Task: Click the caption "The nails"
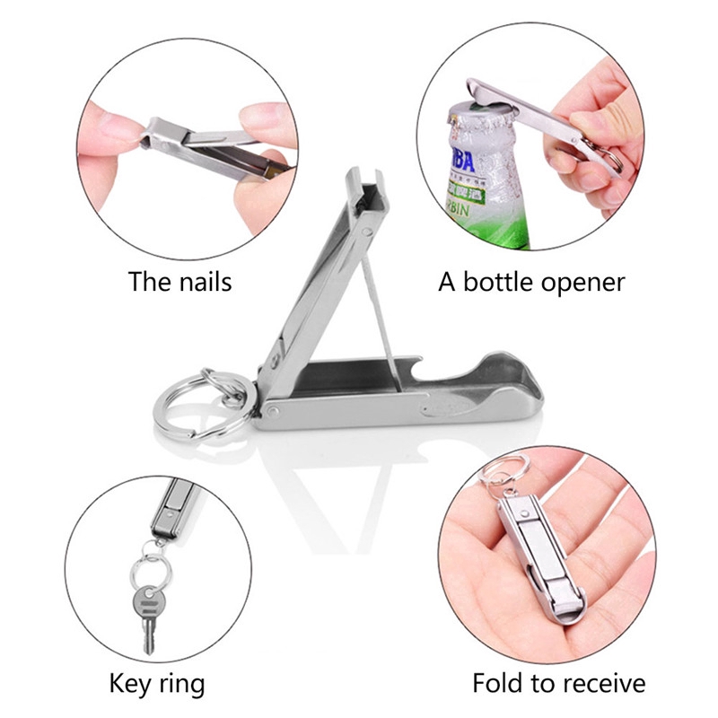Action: point(179,282)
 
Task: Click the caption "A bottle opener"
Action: point(531,282)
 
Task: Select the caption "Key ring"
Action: point(157,684)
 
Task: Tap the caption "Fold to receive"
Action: point(558,684)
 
